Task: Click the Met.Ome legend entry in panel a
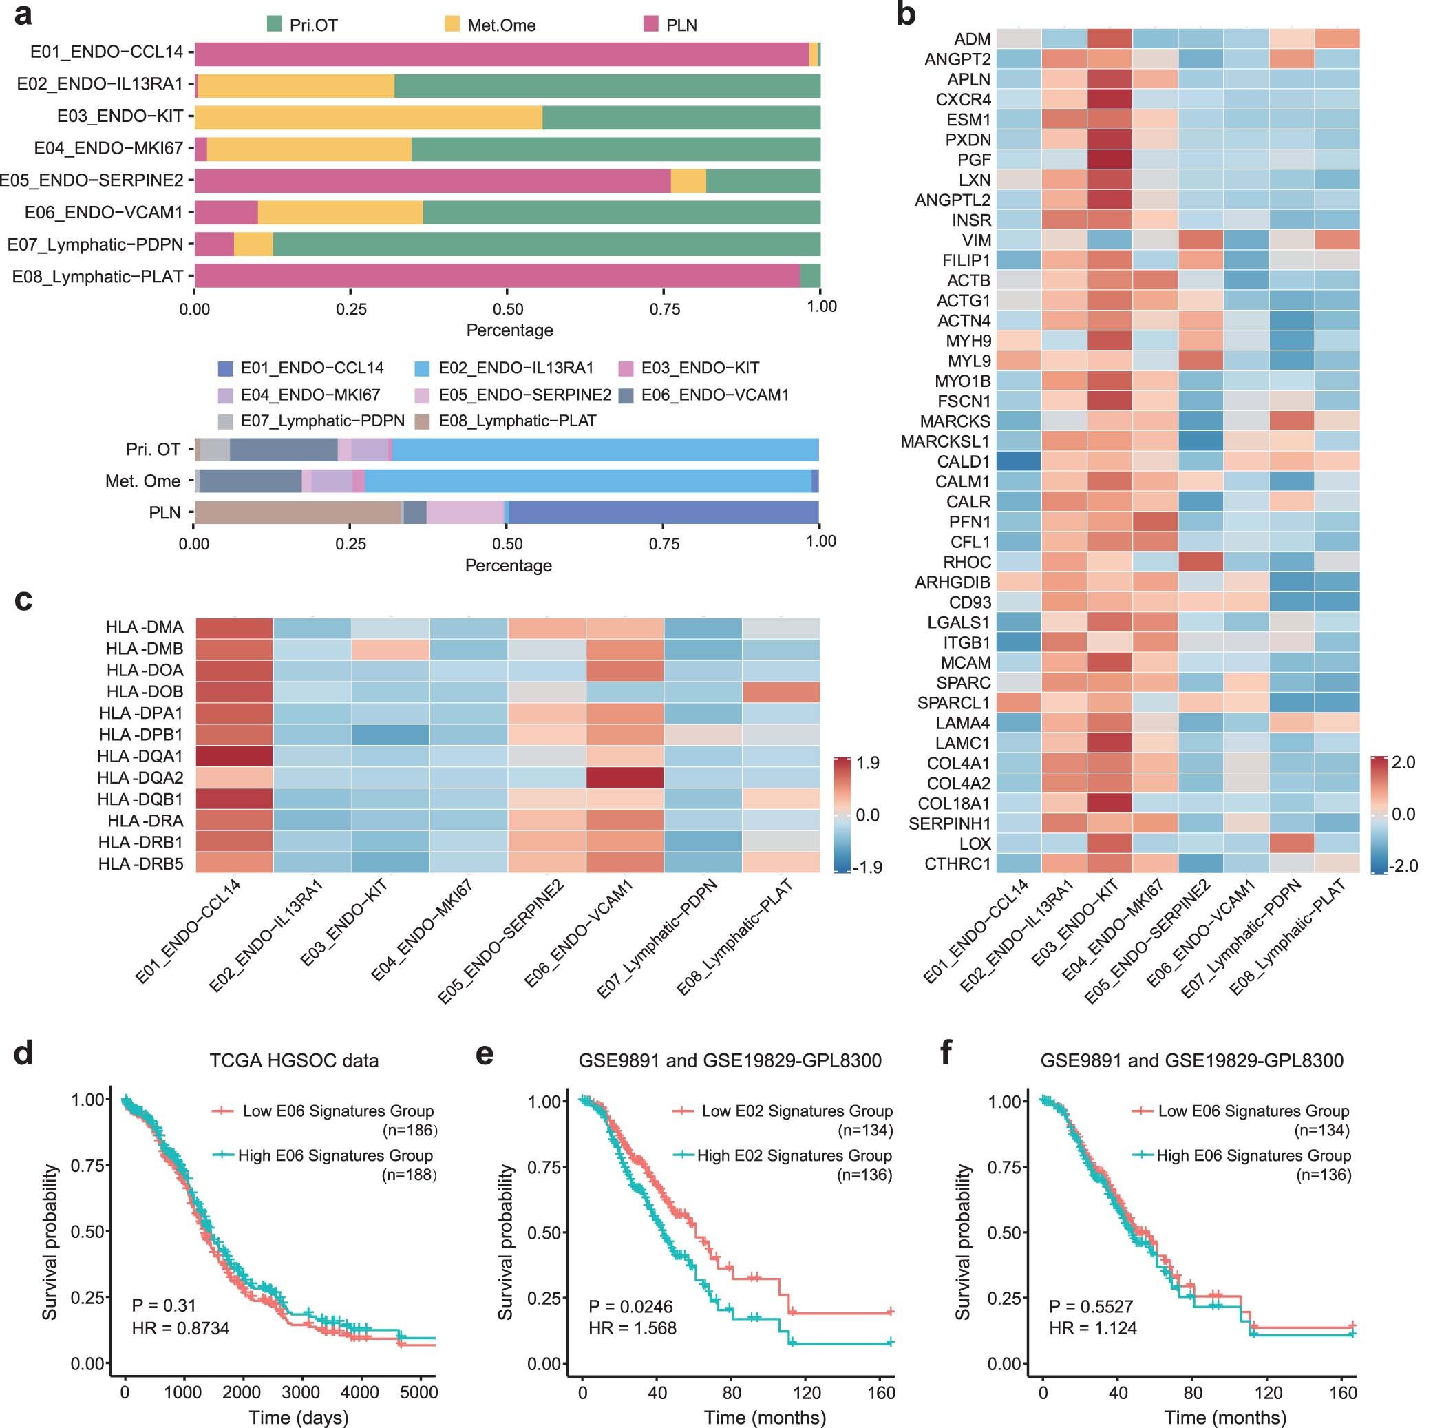click(500, 25)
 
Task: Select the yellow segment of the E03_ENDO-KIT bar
click(368, 117)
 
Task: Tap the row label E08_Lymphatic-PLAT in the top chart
click(97, 277)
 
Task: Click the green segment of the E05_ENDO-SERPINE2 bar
click(763, 180)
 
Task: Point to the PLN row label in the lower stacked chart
click(164, 512)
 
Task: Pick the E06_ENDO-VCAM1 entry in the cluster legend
click(714, 395)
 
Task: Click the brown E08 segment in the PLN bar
click(297, 512)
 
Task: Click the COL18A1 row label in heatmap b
click(954, 804)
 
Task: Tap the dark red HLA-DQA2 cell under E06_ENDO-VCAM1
click(624, 777)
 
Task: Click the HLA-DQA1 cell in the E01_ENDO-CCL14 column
click(235, 756)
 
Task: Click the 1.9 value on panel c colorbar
click(868, 764)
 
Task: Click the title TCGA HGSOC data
click(294, 1060)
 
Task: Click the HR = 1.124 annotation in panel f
click(1092, 1328)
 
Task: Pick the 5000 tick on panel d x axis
click(418, 1392)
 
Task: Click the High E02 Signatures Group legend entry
click(794, 1155)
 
